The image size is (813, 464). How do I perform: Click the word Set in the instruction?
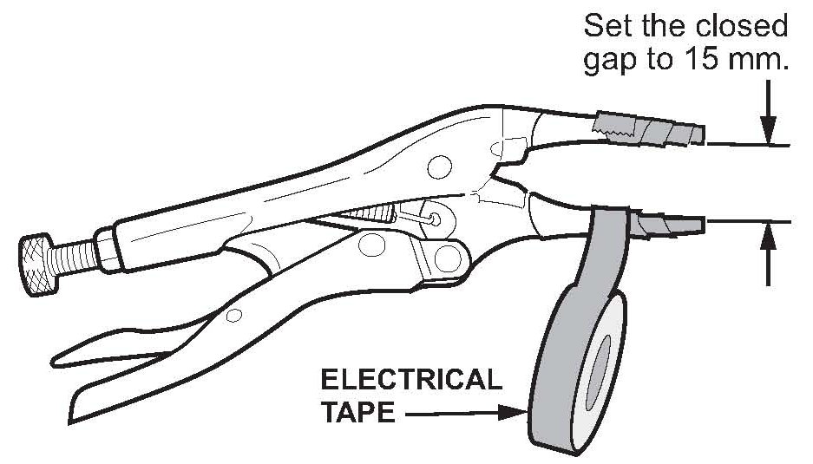606,25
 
